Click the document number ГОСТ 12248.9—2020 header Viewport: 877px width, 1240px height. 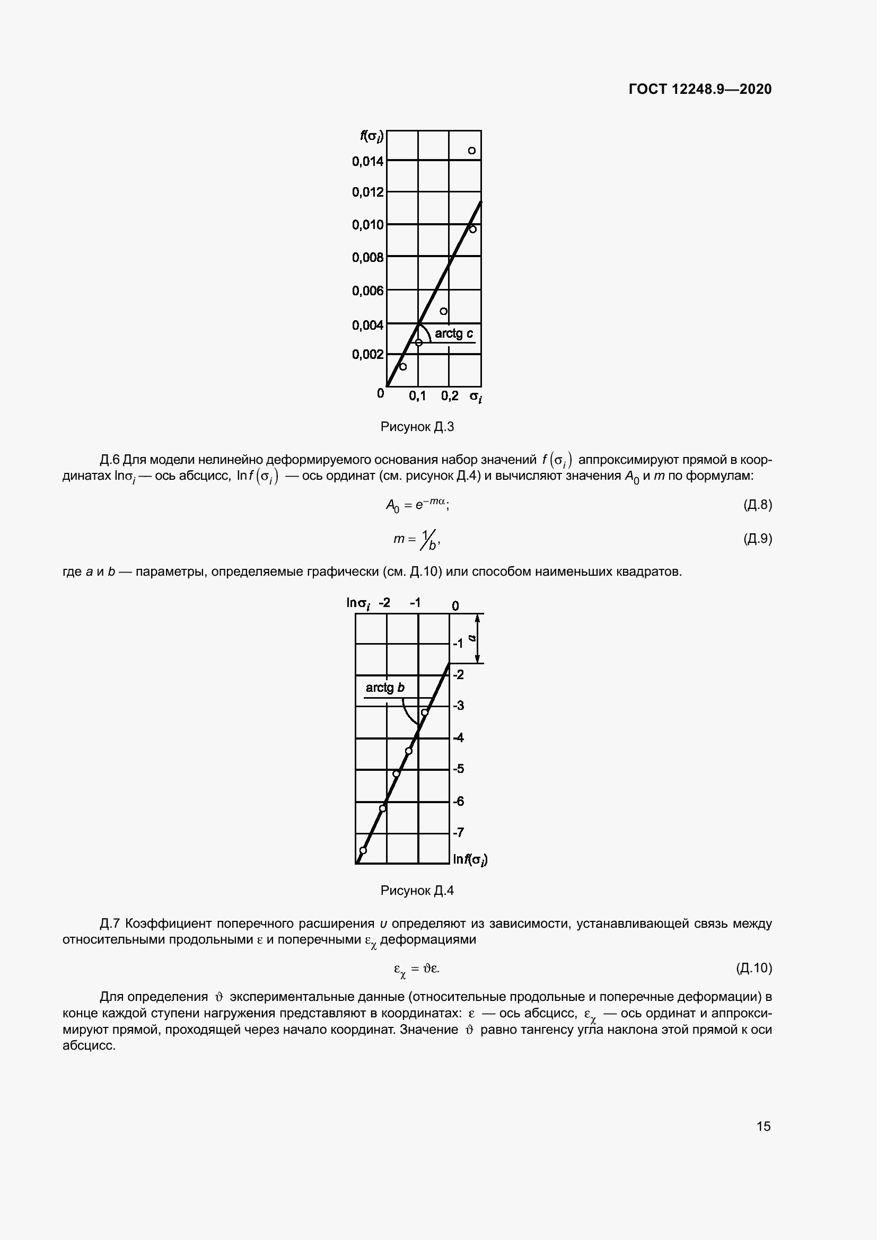point(700,89)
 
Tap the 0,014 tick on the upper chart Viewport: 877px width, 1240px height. point(368,161)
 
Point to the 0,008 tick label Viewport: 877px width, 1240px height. point(368,258)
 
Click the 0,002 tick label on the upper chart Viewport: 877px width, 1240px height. point(368,354)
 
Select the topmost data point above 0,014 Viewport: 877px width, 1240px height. point(471,151)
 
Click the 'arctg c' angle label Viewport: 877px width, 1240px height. point(454,334)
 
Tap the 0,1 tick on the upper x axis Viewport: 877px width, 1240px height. point(417,396)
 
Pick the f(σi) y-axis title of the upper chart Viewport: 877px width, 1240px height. point(372,136)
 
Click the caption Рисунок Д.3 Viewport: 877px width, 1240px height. point(417,427)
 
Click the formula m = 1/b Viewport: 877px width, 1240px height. point(417,539)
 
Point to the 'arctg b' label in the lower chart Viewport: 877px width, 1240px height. point(384,688)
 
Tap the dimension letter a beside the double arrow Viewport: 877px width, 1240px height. point(471,638)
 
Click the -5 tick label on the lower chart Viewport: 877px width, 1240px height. point(458,769)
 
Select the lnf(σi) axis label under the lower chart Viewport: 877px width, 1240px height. point(470,859)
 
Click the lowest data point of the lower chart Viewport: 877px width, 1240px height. point(363,850)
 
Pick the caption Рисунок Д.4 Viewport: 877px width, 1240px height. point(417,891)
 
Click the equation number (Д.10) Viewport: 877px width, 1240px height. point(754,968)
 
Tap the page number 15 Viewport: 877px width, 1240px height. point(763,1126)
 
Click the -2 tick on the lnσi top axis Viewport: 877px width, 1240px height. point(384,603)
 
